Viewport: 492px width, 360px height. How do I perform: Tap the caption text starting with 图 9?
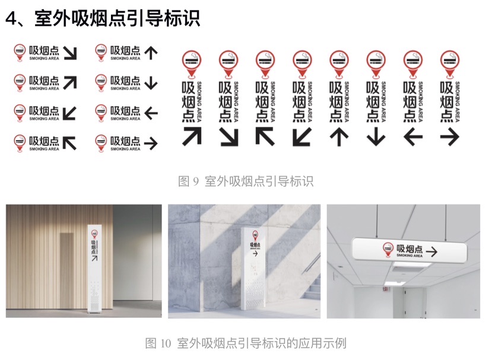click(246, 181)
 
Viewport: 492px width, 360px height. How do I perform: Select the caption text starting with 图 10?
click(246, 343)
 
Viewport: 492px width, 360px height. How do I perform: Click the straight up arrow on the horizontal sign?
click(151, 53)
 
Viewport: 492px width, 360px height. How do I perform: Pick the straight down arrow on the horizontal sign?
click(151, 83)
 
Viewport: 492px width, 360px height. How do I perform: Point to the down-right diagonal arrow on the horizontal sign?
click(70, 53)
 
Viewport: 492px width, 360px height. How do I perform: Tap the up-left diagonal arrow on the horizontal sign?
click(69, 144)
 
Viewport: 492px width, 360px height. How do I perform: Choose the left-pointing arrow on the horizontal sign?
click(151, 113)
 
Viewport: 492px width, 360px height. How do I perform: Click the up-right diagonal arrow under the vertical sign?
click(192, 136)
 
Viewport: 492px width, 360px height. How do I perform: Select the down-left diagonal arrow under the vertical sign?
click(302, 137)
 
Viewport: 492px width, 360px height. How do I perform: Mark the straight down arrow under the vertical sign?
click(376, 137)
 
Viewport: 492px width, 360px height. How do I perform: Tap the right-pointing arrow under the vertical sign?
click(450, 137)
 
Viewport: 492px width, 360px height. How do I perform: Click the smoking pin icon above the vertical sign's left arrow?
click(413, 64)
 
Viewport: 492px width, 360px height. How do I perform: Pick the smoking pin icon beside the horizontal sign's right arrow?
click(101, 144)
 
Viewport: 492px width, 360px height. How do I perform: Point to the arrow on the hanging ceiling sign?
click(431, 251)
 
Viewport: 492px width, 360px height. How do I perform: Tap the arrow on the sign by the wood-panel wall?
click(94, 258)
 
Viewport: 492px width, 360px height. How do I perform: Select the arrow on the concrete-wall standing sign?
click(255, 253)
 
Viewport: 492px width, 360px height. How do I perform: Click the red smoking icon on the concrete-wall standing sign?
click(255, 235)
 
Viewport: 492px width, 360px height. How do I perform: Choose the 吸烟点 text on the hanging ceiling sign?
click(410, 249)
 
